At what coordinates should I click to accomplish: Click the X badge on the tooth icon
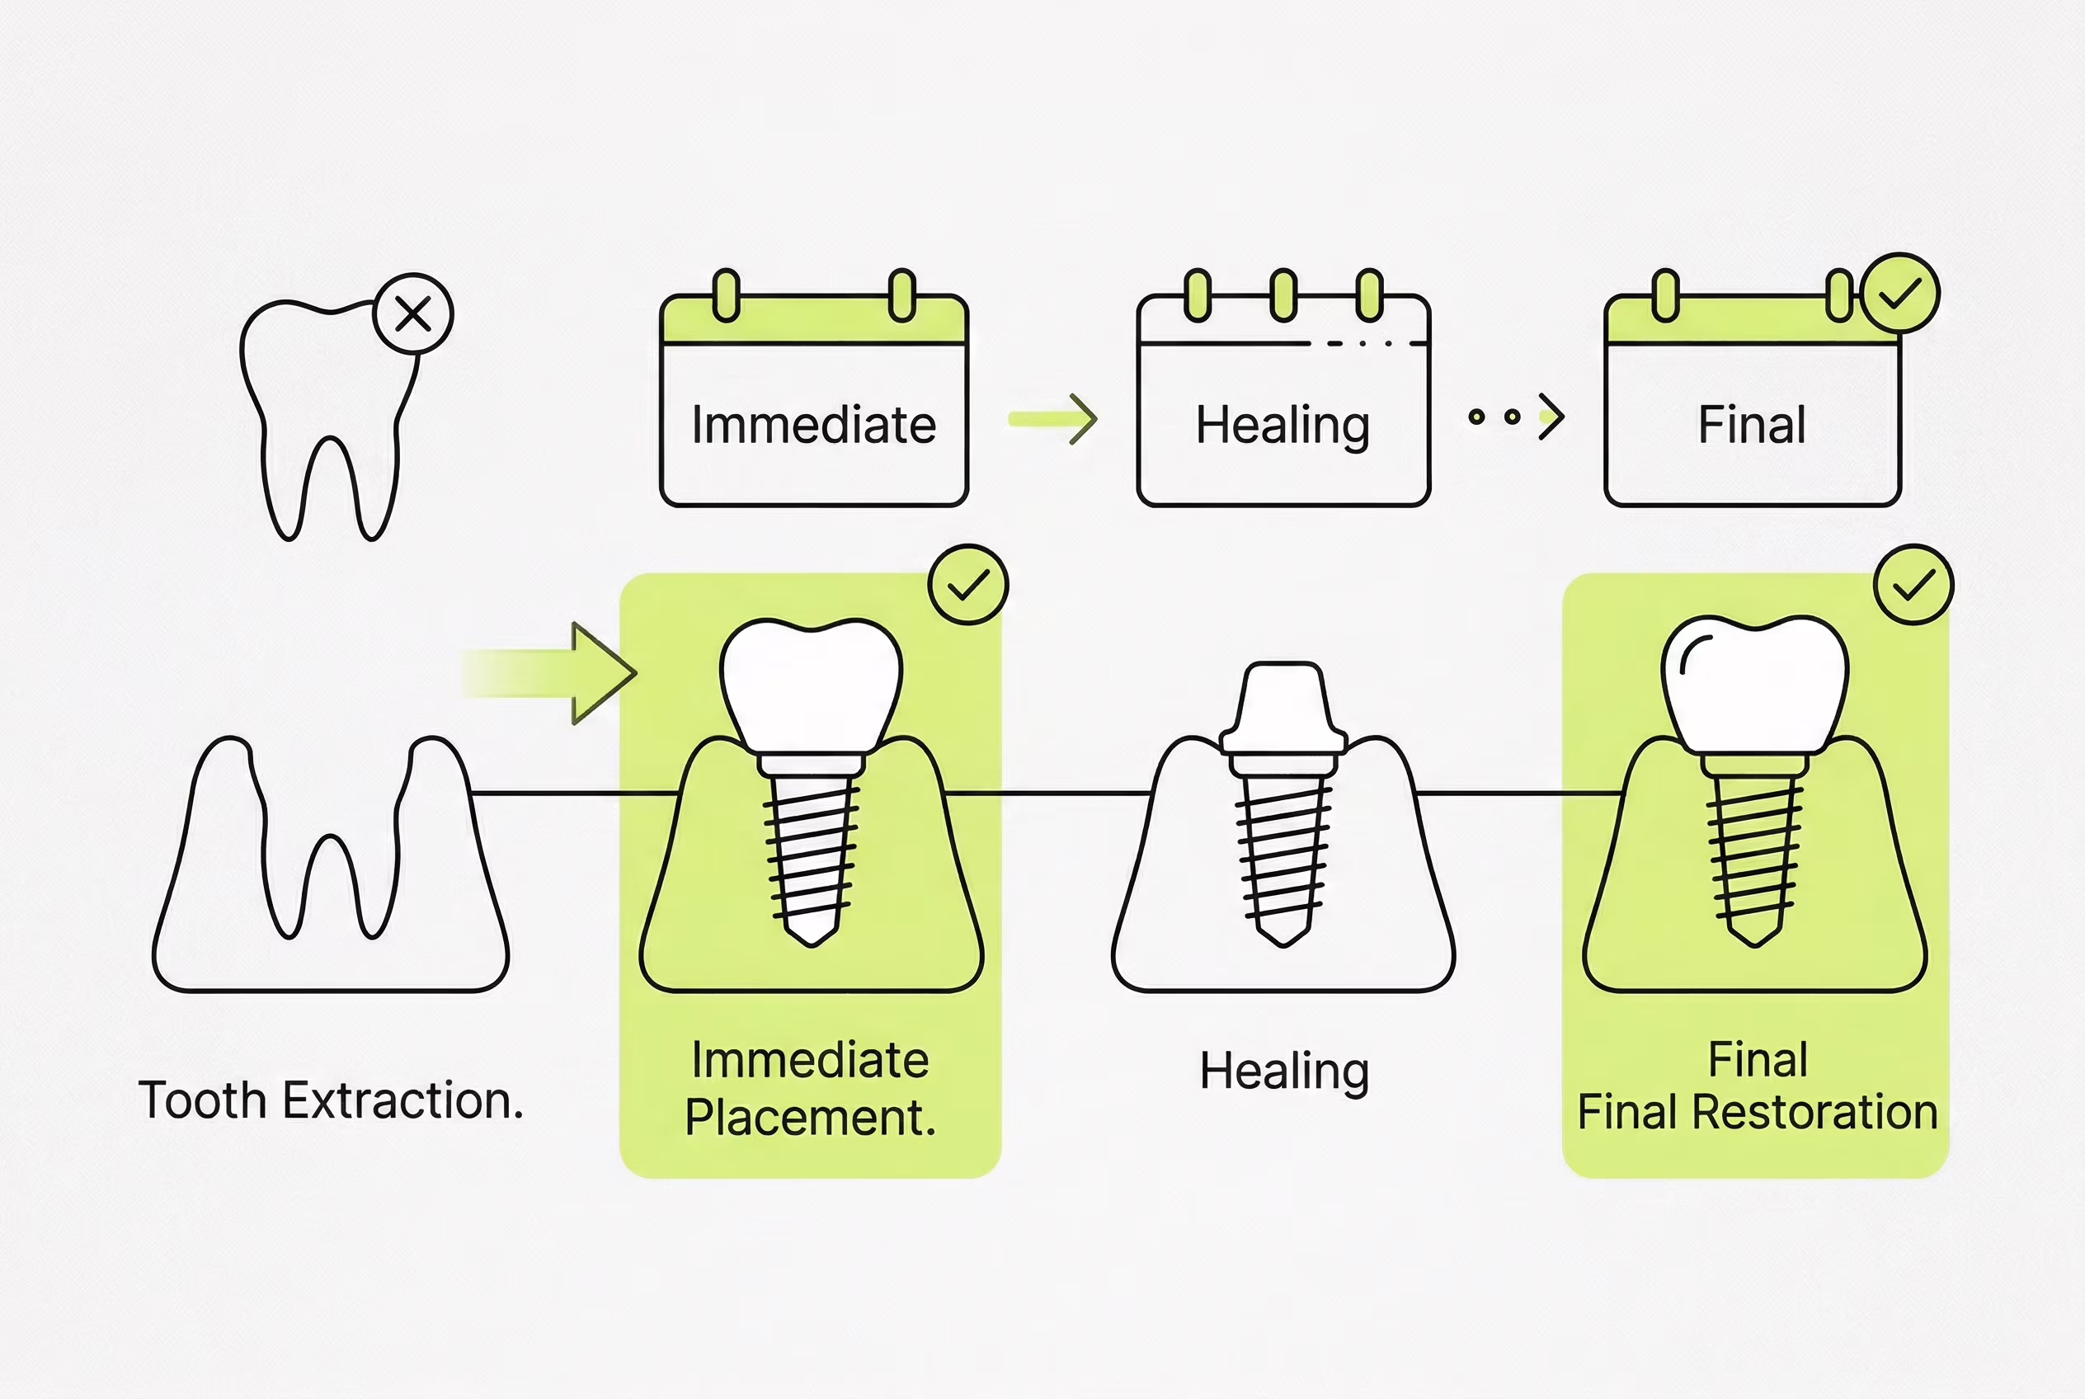tap(413, 314)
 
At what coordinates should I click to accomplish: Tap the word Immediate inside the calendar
tap(814, 425)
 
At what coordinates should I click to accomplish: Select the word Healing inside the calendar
tap(1282, 426)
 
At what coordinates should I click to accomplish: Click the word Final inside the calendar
tap(1751, 425)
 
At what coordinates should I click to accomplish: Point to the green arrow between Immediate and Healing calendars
tap(1052, 418)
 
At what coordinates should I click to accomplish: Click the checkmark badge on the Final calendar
tap(1900, 294)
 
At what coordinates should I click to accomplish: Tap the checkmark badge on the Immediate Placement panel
tap(968, 584)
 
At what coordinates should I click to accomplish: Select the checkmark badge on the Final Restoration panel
tap(1913, 584)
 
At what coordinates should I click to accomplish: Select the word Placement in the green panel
tap(810, 1117)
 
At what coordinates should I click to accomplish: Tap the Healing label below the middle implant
tap(1284, 1072)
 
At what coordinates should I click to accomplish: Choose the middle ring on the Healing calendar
tap(1283, 294)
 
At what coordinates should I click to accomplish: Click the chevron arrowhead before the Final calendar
tap(1551, 417)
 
